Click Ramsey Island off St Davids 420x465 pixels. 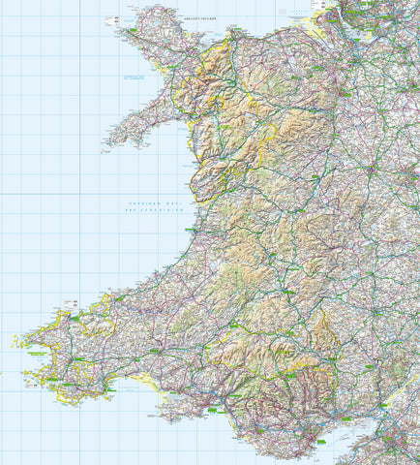click(x=15, y=341)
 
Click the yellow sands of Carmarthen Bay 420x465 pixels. click(x=145, y=382)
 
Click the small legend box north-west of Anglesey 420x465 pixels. click(x=109, y=18)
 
